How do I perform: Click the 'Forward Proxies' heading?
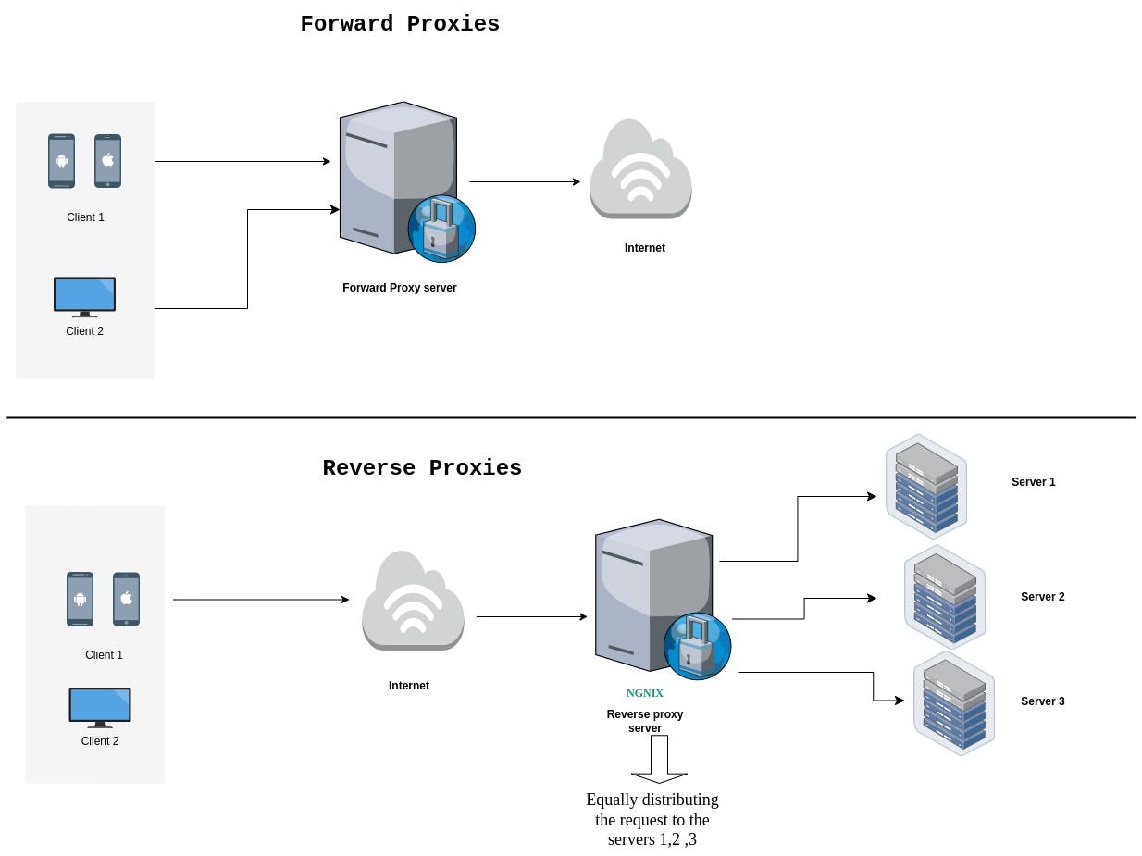pos(400,24)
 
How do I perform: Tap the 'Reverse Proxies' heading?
pos(422,467)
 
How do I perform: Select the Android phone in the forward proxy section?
pos(61,161)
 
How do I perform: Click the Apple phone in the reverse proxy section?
pos(126,599)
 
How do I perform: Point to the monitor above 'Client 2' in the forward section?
pos(84,297)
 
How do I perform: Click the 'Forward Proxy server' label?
pos(399,288)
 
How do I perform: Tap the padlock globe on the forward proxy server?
pos(441,229)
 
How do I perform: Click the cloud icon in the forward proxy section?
pos(640,168)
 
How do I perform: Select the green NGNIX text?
pos(645,693)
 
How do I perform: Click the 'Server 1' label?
pos(1034,482)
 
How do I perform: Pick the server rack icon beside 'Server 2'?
pos(944,598)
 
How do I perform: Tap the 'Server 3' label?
pos(1043,701)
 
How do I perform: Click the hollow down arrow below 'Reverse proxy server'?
pos(659,759)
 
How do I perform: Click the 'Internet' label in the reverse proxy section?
pos(409,686)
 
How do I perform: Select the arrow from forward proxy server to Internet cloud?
pos(525,181)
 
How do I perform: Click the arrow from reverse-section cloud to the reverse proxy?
pos(532,616)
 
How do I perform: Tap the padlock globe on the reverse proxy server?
pos(697,647)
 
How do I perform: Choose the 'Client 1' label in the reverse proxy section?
pos(104,655)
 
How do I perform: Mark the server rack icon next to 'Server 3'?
pos(954,703)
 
